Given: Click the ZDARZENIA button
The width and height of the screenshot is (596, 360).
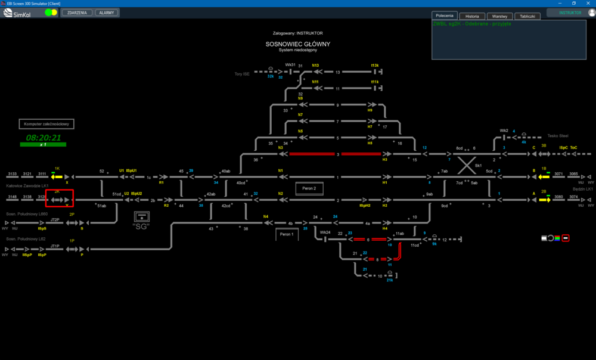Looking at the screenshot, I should coord(77,13).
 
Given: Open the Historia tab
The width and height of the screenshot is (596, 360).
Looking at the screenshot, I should coord(472,16).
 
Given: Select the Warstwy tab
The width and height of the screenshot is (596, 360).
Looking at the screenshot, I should coord(499,16).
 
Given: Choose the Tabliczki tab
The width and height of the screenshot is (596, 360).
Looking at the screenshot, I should coord(527,16).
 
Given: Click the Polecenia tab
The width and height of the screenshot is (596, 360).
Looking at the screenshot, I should coord(445,15).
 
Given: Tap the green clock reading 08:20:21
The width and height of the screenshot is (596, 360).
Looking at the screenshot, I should coord(44,138).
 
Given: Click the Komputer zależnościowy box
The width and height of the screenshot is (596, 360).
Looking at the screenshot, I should coord(47,124).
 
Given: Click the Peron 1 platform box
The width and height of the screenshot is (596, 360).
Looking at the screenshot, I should coord(287,234).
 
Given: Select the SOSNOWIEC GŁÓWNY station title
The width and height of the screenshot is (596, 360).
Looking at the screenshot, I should coord(298,44).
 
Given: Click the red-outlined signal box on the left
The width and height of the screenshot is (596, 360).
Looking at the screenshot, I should coord(60,198).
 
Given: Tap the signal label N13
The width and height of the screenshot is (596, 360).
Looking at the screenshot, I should coord(315,66).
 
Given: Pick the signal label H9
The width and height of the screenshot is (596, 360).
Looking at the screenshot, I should coord(370,110).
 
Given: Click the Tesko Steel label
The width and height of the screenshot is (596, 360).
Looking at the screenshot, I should coord(558,135).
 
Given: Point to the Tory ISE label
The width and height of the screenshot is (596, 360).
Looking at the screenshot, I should coord(242,74).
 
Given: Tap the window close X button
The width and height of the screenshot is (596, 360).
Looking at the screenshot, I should coord(588,3).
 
